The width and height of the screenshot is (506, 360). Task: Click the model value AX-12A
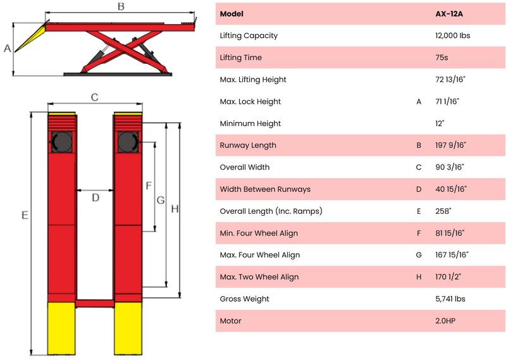click(x=449, y=14)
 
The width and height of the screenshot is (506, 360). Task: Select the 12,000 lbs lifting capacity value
click(x=452, y=35)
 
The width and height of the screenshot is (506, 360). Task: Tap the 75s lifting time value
click(x=441, y=58)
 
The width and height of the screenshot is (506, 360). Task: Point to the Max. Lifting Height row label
click(x=253, y=80)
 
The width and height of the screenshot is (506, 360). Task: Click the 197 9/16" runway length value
click(x=450, y=145)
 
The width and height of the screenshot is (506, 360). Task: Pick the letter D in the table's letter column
click(x=419, y=189)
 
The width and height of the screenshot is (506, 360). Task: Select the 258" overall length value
click(x=443, y=211)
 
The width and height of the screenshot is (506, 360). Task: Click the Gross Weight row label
click(x=244, y=299)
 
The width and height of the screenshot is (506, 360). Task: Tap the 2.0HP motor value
click(x=445, y=321)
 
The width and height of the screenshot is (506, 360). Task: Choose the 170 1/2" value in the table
click(x=448, y=276)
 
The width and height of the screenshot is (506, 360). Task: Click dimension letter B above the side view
click(x=121, y=6)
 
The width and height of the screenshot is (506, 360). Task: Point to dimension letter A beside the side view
click(x=7, y=49)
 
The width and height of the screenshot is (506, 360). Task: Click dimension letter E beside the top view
click(x=25, y=215)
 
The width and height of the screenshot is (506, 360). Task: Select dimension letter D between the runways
click(x=96, y=197)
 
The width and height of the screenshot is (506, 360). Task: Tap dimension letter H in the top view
click(x=175, y=209)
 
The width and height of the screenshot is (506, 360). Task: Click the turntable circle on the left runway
click(x=62, y=142)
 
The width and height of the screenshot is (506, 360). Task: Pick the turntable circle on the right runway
click(x=128, y=142)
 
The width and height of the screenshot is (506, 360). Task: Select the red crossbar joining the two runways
click(x=95, y=304)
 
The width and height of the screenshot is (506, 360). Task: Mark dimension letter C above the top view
click(x=94, y=97)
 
